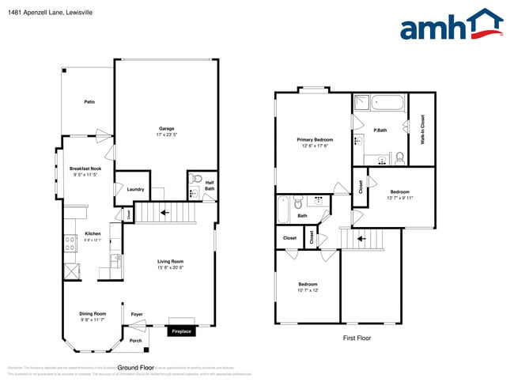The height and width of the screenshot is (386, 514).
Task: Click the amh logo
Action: point(451,25)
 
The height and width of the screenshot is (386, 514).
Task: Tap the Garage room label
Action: point(166,128)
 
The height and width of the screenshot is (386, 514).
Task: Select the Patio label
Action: point(90,102)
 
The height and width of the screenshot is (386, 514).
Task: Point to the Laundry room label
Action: point(134,189)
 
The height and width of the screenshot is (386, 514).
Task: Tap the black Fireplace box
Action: point(182,331)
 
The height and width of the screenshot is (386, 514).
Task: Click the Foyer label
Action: point(137,314)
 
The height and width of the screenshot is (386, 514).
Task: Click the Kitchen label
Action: point(93,234)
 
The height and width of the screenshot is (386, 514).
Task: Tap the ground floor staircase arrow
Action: point(165,212)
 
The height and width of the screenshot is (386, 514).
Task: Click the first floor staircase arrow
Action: point(361,237)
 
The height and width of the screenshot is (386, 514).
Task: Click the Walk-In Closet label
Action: point(422,130)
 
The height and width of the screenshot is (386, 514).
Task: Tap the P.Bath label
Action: point(380,130)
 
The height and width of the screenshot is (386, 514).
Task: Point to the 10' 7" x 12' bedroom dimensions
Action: point(308,290)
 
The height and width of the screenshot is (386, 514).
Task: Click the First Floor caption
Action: point(357,338)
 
